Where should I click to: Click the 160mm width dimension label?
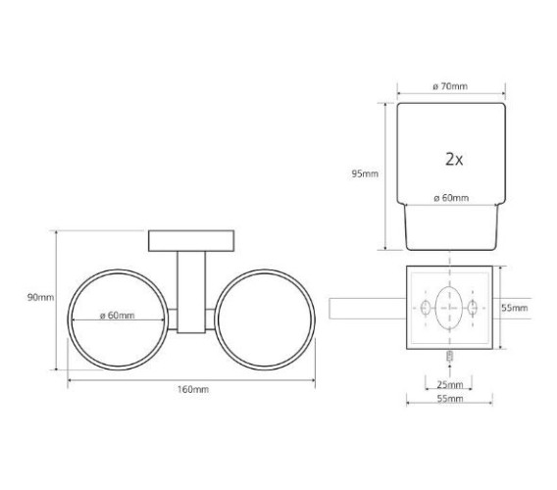tap(193, 389)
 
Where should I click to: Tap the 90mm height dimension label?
tap(40, 297)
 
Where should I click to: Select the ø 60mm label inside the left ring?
tap(118, 315)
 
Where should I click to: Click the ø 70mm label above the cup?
tap(450, 86)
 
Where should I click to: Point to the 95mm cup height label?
tap(365, 173)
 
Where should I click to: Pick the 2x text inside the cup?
tap(454, 159)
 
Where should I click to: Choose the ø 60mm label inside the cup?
tap(451, 198)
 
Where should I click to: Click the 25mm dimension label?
tap(450, 384)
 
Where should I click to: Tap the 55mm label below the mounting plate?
tap(450, 399)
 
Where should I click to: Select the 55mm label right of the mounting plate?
tap(515, 308)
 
